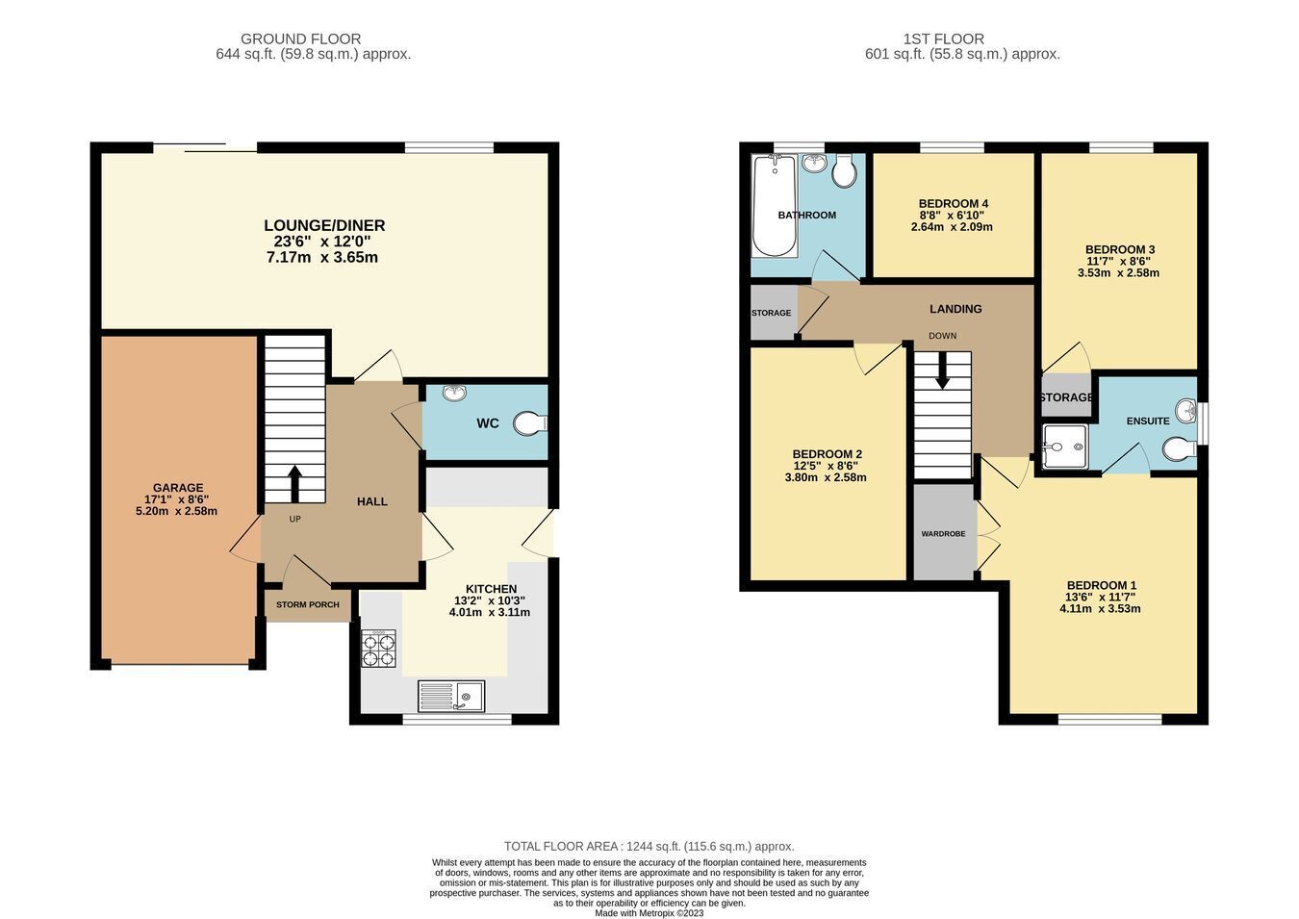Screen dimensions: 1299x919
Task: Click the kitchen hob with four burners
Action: click(x=379, y=649)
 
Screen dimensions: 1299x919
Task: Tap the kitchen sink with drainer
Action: click(x=451, y=696)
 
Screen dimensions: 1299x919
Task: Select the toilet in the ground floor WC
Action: click(x=530, y=422)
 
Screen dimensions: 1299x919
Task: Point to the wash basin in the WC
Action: click(x=454, y=394)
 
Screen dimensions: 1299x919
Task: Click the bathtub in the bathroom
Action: click(x=775, y=206)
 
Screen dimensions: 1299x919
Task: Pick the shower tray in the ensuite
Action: click(x=1065, y=447)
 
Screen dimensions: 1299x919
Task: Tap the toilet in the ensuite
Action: click(x=1180, y=448)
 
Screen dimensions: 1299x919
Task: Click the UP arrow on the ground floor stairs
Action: click(x=295, y=484)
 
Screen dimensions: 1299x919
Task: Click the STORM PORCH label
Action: click(x=307, y=604)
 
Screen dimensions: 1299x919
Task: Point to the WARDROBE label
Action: click(x=944, y=533)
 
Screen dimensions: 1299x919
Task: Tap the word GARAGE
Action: click(x=178, y=488)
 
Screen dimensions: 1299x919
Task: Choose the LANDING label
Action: click(x=955, y=309)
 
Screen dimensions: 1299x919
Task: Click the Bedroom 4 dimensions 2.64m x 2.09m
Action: click(x=952, y=227)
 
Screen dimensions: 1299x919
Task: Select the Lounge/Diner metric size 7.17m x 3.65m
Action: click(x=322, y=258)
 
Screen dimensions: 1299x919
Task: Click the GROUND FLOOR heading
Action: click(x=300, y=38)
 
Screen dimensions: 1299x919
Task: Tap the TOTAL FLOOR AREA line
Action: click(x=649, y=847)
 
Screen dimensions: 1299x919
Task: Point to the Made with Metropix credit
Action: click(x=649, y=913)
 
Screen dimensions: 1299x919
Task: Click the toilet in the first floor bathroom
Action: click(x=845, y=171)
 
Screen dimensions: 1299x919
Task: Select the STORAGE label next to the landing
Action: click(x=772, y=313)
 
